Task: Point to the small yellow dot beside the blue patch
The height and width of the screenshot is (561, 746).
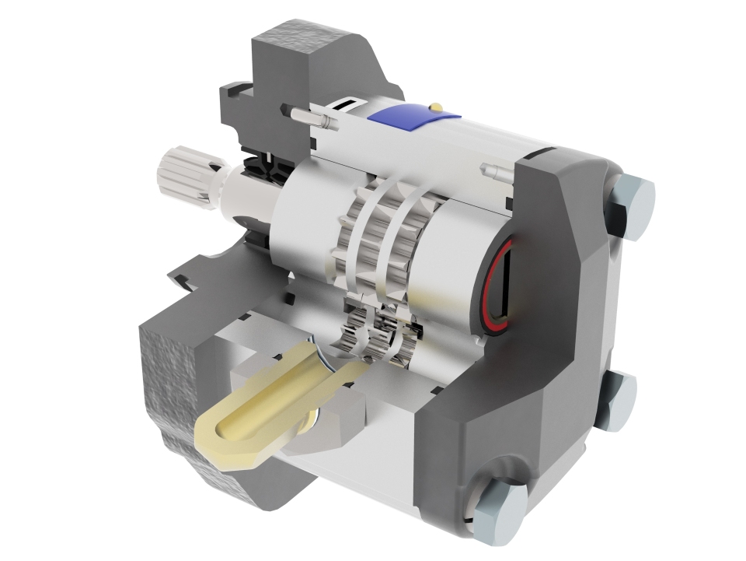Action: tap(437, 106)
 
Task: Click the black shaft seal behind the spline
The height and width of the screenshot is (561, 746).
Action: tap(260, 168)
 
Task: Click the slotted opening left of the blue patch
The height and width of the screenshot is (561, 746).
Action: tap(347, 106)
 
